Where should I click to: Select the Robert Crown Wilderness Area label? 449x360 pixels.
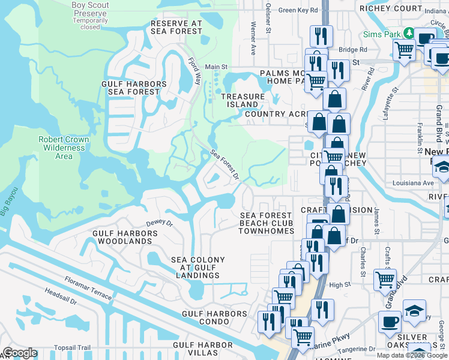[64, 148]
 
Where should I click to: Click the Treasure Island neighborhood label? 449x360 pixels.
[243, 100]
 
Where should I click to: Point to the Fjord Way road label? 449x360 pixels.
[194, 70]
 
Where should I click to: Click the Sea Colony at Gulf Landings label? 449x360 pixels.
[198, 268]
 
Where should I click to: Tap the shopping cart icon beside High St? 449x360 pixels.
[384, 278]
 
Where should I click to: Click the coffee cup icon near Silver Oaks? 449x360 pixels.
[390, 322]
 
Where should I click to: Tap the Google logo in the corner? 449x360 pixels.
[20, 352]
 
